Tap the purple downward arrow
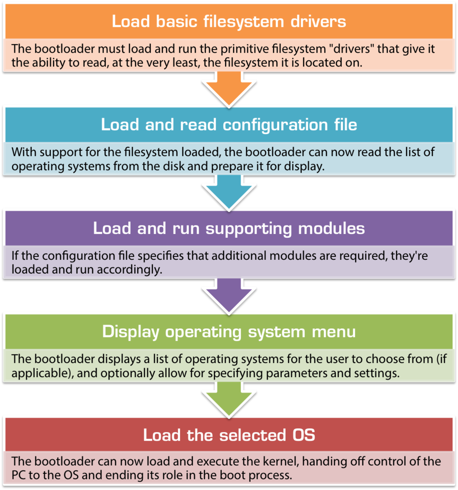click(229, 295)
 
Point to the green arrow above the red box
click(229, 399)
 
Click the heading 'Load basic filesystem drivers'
click(229, 22)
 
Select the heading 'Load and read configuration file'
click(229, 124)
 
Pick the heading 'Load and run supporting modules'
click(229, 228)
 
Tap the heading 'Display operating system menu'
click(229, 331)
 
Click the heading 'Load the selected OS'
click(229, 435)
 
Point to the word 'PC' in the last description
click(19, 476)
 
